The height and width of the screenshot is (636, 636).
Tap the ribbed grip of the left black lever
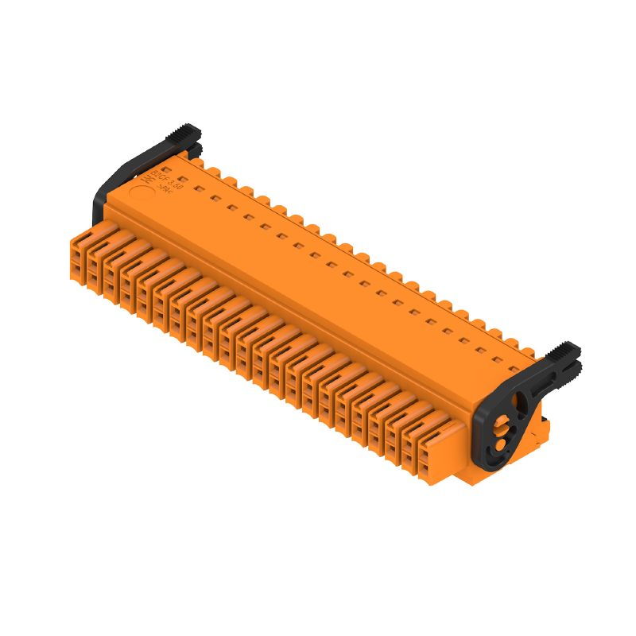[x=187, y=133]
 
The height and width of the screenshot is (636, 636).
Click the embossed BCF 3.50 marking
[x=171, y=180]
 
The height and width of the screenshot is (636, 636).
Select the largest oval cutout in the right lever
[x=520, y=401]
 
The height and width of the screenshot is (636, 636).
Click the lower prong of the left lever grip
[x=192, y=148]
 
